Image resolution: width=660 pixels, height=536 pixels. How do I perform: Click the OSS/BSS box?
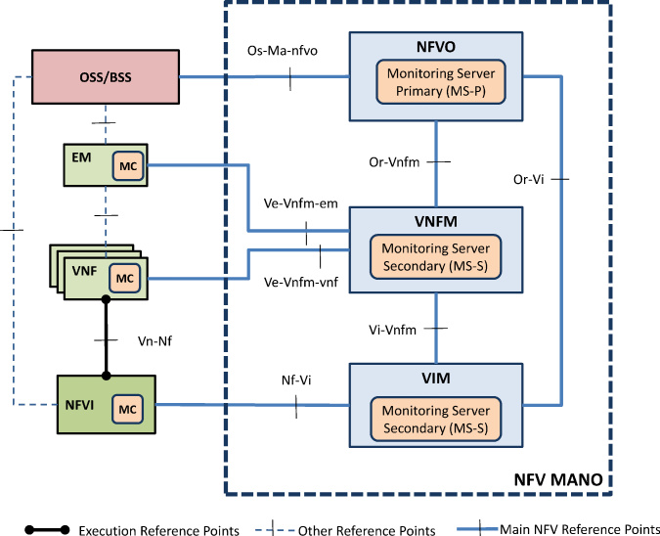pyautogui.click(x=106, y=76)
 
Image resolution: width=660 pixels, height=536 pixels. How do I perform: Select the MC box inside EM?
pyautogui.click(x=128, y=166)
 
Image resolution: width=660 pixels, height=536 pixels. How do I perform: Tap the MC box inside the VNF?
pyautogui.click(x=124, y=279)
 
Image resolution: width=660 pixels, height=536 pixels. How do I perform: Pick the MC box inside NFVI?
pyautogui.click(x=127, y=409)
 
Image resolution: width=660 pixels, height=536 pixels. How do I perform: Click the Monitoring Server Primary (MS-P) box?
pyautogui.click(x=441, y=82)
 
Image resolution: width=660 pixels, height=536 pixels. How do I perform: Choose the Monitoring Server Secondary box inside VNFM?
pyautogui.click(x=436, y=257)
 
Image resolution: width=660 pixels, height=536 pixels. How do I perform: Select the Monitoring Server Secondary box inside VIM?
pyautogui.click(x=436, y=419)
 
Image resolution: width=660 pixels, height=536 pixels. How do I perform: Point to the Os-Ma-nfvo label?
pyautogui.click(x=283, y=51)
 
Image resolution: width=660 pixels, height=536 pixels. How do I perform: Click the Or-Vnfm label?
pyautogui.click(x=394, y=162)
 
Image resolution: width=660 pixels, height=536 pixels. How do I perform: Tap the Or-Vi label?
pyautogui.click(x=529, y=179)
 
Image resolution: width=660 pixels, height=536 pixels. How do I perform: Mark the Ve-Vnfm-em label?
pyautogui.click(x=301, y=203)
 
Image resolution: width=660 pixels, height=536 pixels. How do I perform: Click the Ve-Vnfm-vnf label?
pyautogui.click(x=301, y=282)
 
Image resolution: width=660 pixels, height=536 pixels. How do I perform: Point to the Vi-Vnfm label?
pyautogui.click(x=392, y=330)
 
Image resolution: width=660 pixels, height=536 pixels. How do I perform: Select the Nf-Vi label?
pyautogui.click(x=296, y=380)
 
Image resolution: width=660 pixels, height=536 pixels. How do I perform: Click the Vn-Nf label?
pyautogui.click(x=154, y=340)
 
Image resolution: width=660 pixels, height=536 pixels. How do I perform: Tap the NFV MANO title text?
pyautogui.click(x=558, y=479)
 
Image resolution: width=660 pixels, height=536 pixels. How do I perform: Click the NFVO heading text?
pyautogui.click(x=436, y=47)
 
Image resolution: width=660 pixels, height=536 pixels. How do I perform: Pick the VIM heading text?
pyautogui.click(x=436, y=379)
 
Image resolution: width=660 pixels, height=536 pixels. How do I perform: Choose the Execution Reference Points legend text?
pyautogui.click(x=159, y=530)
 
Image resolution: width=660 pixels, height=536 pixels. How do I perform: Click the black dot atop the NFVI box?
pyautogui.click(x=106, y=376)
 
